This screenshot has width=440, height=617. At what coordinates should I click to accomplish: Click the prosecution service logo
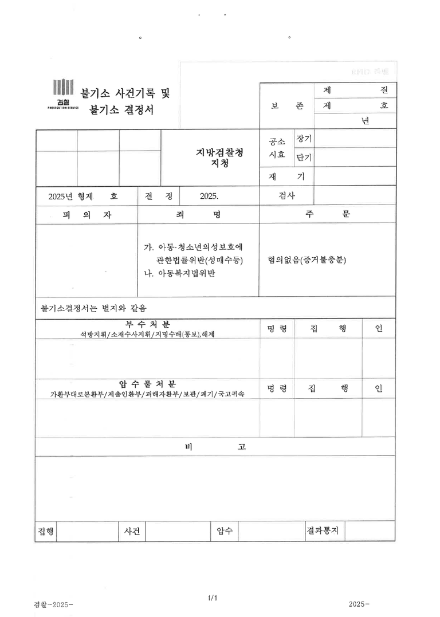pos(63,95)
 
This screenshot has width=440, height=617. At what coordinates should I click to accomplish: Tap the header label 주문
pos(327,215)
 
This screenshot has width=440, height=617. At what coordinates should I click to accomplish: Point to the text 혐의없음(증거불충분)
pos(307,260)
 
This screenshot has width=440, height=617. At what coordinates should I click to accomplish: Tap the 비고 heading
pos(215,447)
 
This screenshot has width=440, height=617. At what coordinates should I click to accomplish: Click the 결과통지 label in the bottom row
pos(323,530)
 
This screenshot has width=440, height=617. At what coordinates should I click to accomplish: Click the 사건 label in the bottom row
pos(132,531)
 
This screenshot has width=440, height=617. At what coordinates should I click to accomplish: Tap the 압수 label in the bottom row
pos(224,531)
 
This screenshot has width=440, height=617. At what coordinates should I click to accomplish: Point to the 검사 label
pos(286,195)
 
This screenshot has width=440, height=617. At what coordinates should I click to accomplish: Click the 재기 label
pos(286,176)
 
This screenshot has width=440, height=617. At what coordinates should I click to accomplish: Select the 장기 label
pos(304,139)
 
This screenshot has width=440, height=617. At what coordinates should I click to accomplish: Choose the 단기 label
pos(304,157)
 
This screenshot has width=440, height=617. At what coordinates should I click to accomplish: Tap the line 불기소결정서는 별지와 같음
pos(95,308)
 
